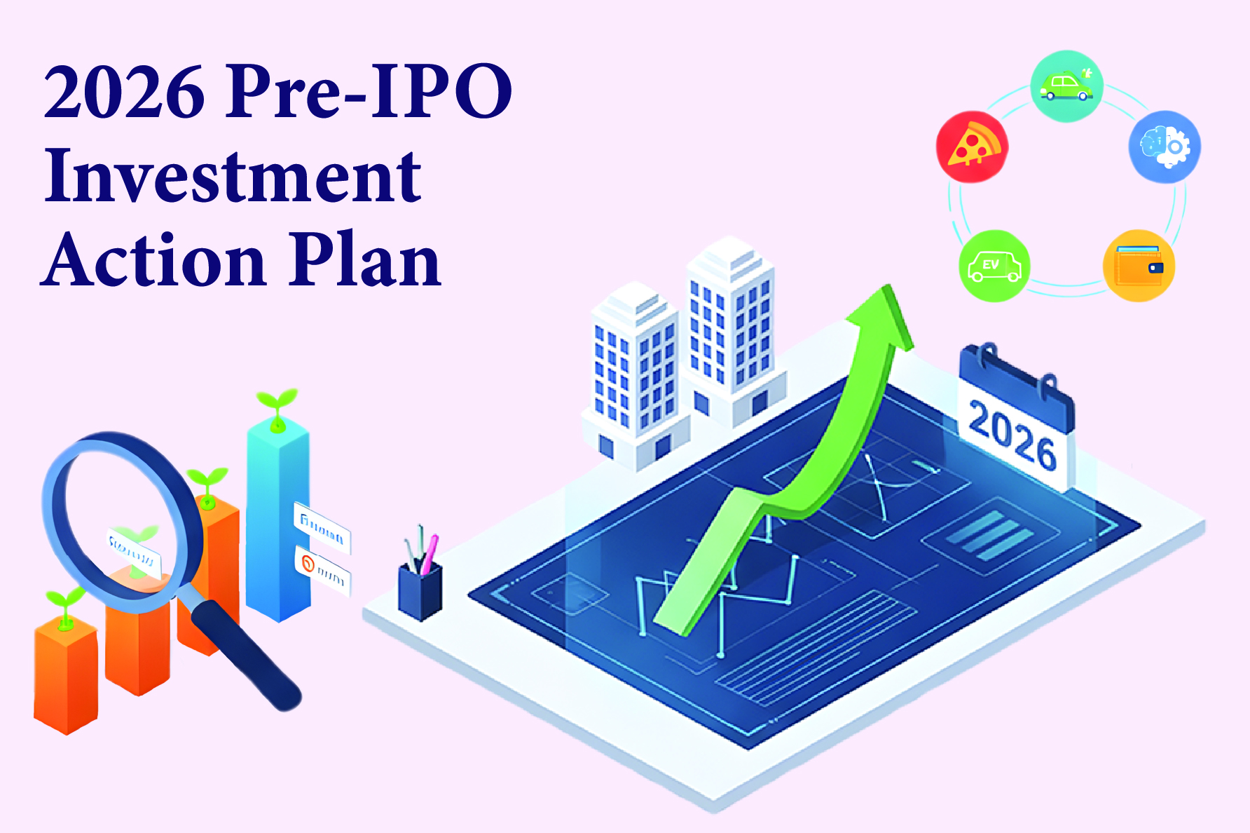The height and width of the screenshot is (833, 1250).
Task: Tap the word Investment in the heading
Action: pyautogui.click(x=233, y=177)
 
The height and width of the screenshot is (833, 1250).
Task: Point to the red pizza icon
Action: pyautogui.click(x=972, y=147)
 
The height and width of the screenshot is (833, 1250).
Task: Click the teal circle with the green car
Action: pyautogui.click(x=1066, y=86)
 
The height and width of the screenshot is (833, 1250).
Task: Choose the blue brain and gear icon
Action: pyautogui.click(x=1164, y=147)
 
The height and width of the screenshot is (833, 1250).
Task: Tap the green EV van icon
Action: pyautogui.click(x=994, y=266)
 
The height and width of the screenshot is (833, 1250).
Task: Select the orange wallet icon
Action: pyautogui.click(x=1139, y=266)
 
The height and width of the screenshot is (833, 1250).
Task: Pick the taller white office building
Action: pyautogui.click(x=731, y=330)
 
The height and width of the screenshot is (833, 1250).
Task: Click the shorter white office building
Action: pyautogui.click(x=634, y=379)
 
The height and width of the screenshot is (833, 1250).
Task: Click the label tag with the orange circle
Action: pyautogui.click(x=323, y=570)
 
